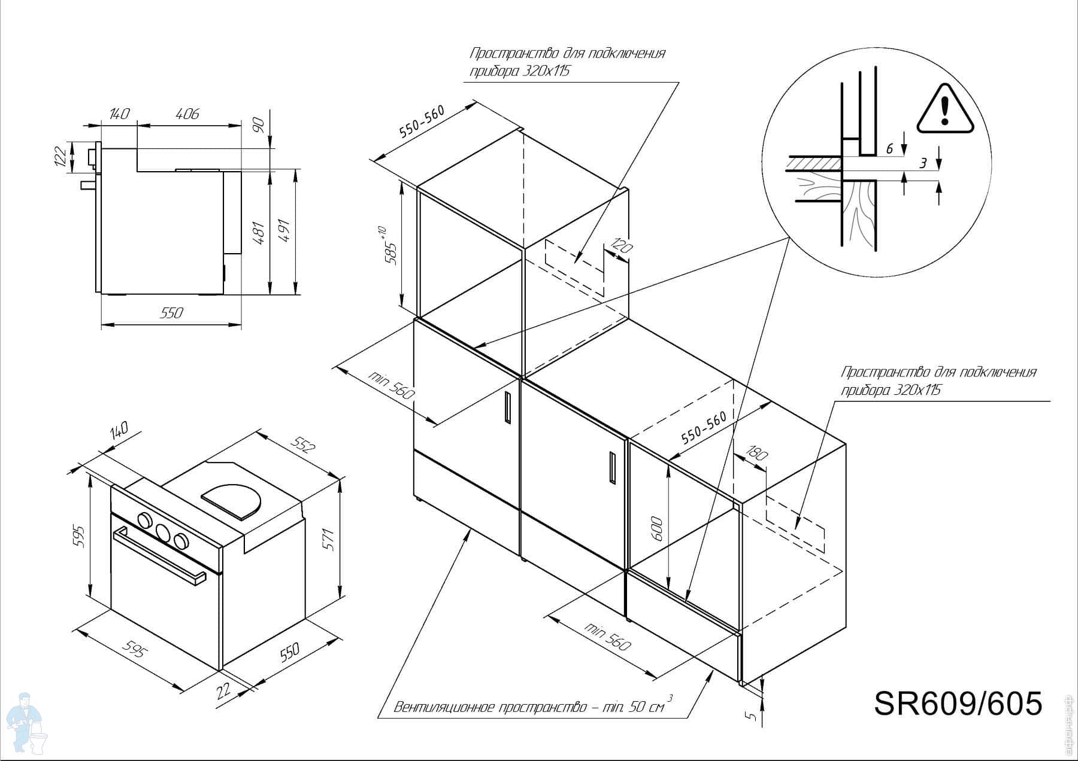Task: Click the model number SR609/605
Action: pos(958,702)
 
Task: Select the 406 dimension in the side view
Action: pos(187,113)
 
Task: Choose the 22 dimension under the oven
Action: pos(223,690)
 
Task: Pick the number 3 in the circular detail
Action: pos(923,163)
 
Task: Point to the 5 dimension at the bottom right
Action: pos(753,715)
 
